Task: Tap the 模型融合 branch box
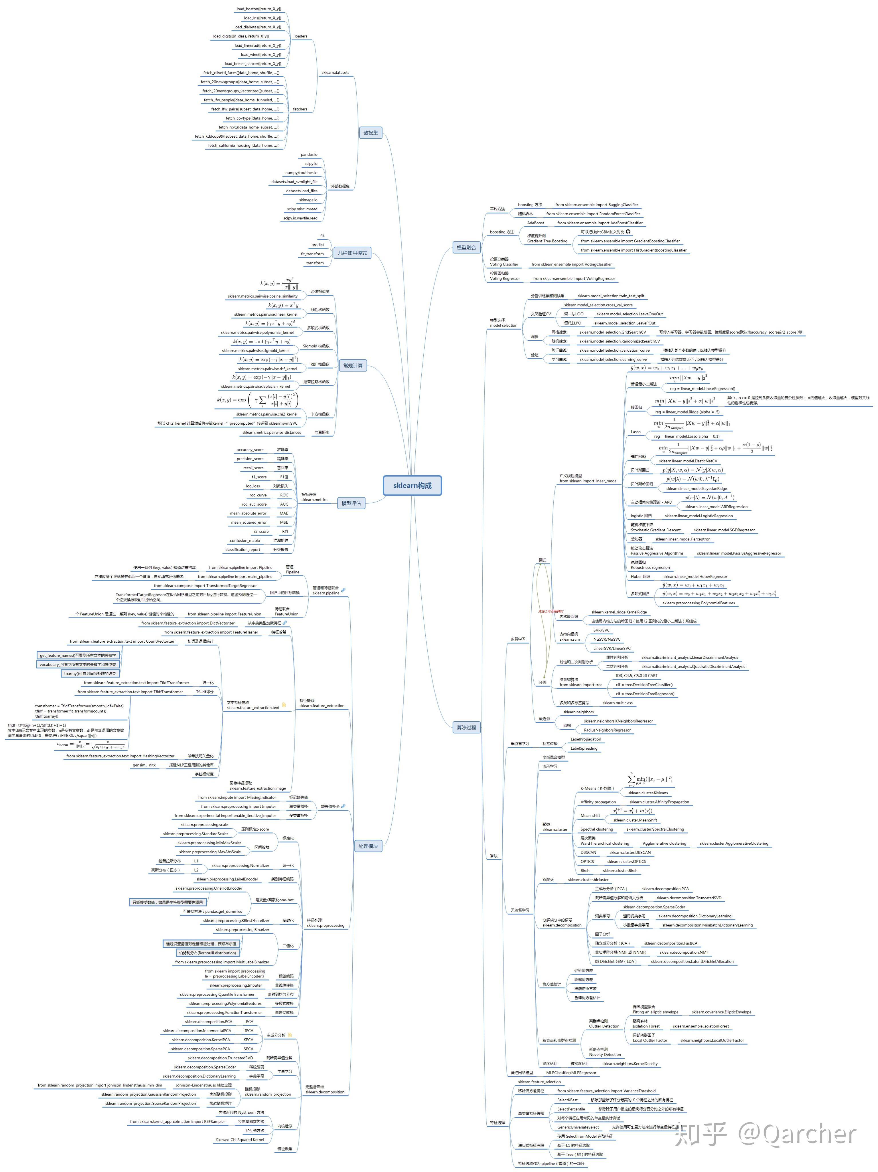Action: coord(466,248)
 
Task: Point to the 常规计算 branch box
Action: coord(353,366)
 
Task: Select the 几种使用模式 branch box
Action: coord(352,253)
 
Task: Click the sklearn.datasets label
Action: coord(335,73)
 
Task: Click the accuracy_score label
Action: coord(250,450)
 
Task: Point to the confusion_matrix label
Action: coord(245,541)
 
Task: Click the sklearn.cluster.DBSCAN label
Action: coord(630,852)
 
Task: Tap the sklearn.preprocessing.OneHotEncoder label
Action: coord(209,888)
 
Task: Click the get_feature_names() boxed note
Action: coord(78,656)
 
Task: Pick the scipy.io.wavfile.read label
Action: coord(300,218)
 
